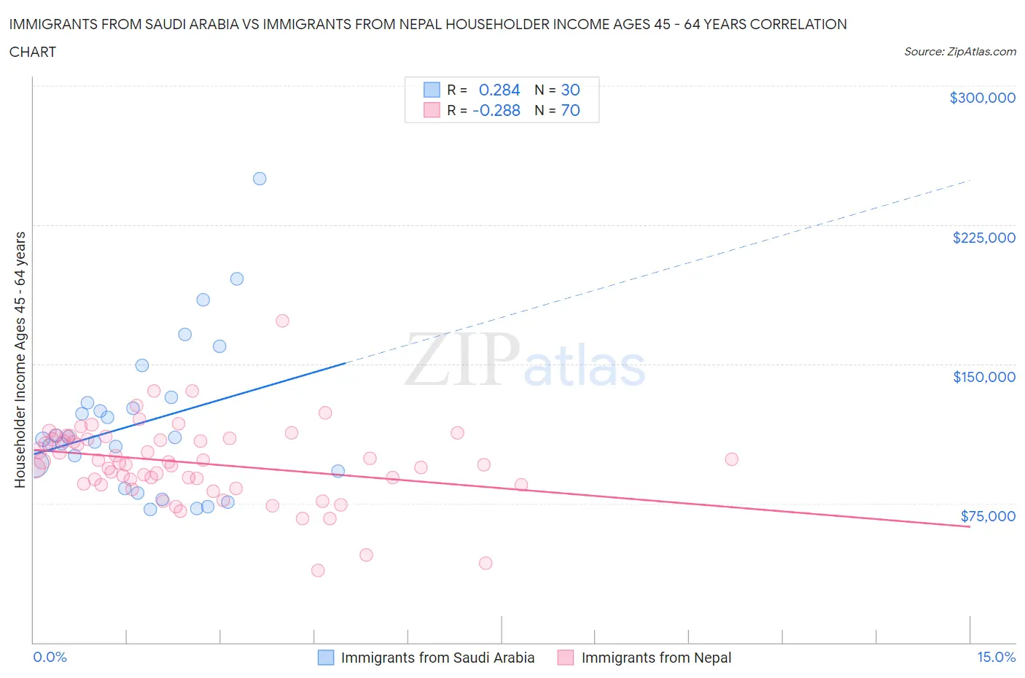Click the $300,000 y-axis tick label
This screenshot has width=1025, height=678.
coord(982,98)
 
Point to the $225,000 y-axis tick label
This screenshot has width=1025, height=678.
coord(983,238)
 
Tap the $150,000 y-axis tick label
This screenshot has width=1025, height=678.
coord(983,377)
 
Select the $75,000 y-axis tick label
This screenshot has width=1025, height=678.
coord(988,516)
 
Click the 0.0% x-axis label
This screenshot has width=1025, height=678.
coord(50,657)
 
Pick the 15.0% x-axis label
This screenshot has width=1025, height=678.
coord(996,657)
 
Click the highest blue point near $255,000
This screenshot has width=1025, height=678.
coord(260,179)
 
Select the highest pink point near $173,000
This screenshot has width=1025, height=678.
coord(282,321)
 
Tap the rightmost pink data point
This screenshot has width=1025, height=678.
coord(731,459)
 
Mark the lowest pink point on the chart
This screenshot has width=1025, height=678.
coord(318,570)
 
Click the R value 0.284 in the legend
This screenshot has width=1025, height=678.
coord(499,90)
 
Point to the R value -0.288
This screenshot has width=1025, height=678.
coord(496,110)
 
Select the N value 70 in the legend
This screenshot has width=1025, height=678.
coord(570,110)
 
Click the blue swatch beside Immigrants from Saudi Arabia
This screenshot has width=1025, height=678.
coord(325,658)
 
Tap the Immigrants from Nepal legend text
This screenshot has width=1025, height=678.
coord(656,658)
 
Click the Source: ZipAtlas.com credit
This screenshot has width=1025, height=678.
coord(959,52)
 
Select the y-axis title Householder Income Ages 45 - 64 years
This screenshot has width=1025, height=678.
coord(20,359)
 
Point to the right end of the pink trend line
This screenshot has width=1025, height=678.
coord(970,526)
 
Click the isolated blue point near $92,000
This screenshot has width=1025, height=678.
coord(338,471)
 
